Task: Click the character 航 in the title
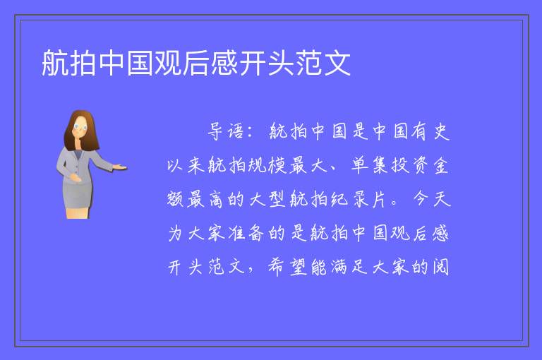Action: [55, 63]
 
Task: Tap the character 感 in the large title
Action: [224, 63]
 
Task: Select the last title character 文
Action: [337, 63]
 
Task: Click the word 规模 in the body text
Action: [267, 165]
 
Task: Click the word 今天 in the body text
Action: [432, 199]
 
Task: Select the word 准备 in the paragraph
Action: [246, 233]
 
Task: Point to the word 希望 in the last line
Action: [288, 267]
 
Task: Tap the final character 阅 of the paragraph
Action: [441, 267]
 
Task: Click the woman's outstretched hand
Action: [120, 167]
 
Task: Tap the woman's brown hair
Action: [82, 128]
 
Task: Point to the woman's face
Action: [80, 126]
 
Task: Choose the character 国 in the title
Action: [140, 63]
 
